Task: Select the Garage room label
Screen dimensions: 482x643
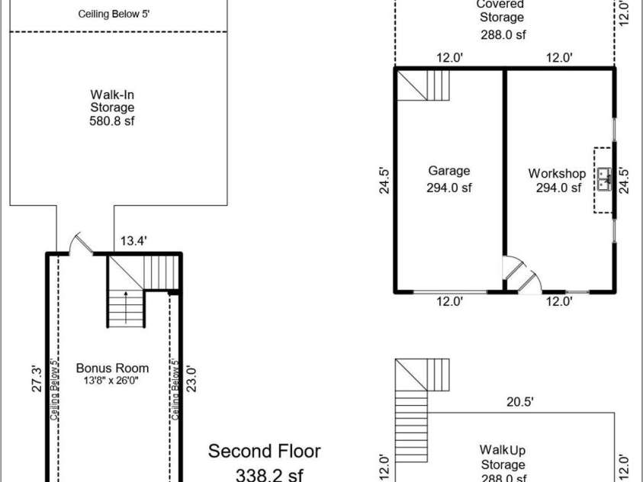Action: (448, 171)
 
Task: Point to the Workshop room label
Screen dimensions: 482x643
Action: (557, 173)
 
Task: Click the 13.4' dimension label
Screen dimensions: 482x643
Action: (133, 242)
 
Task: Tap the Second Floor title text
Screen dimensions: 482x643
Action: (265, 451)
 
